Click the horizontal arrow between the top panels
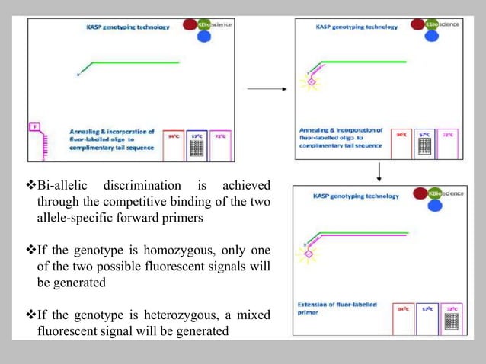tap(266, 88)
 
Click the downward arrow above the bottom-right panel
tap(379, 172)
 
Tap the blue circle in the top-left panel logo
tap(203, 36)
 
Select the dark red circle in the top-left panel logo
tap(190, 24)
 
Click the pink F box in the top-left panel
tap(34, 126)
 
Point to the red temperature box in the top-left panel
tap(174, 145)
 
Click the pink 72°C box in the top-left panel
tap(221, 145)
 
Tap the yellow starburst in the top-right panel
tap(312, 81)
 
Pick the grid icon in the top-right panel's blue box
tap(426, 145)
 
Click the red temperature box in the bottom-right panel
tap(403, 318)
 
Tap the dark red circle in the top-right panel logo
tap(417, 24)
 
